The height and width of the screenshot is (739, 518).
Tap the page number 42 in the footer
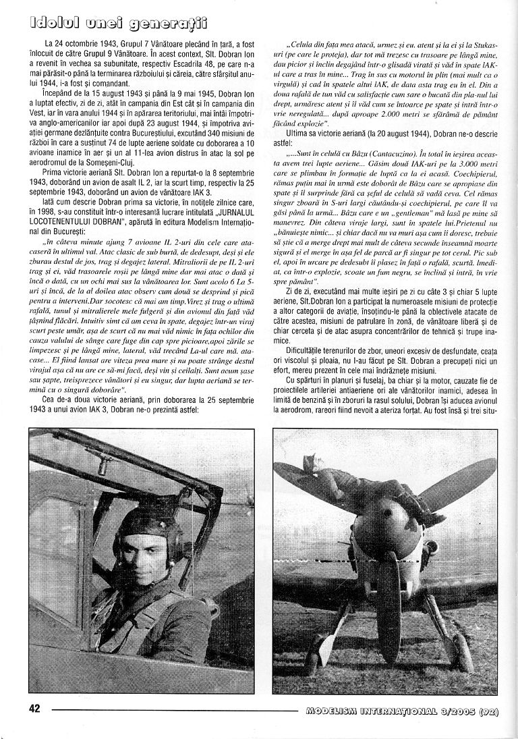[x=35, y=709]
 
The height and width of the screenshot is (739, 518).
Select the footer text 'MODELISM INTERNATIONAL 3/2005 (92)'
[x=402, y=710]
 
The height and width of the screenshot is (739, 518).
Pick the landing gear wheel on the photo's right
[x=463, y=651]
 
